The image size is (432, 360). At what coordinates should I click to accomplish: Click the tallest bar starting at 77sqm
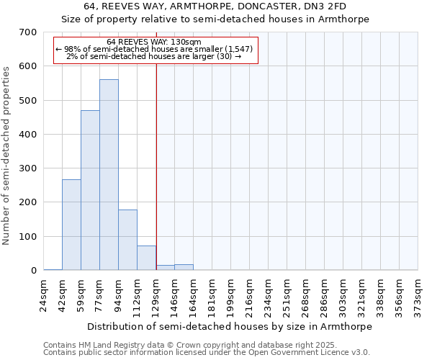109,175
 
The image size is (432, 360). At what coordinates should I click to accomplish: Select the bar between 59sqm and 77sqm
90,191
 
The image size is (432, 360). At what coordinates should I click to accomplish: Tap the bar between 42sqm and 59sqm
71,225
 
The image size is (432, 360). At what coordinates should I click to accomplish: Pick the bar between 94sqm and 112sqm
127,240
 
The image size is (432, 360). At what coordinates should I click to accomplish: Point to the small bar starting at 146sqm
184,267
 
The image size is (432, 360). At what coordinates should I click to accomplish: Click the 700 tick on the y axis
29,32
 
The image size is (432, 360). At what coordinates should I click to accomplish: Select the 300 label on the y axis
29,168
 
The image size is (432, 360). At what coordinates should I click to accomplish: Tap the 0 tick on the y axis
33,271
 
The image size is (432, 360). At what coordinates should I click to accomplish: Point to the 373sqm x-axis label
418,296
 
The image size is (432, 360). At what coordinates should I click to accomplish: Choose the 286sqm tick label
325,296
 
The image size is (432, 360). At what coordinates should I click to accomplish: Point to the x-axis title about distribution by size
230,326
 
